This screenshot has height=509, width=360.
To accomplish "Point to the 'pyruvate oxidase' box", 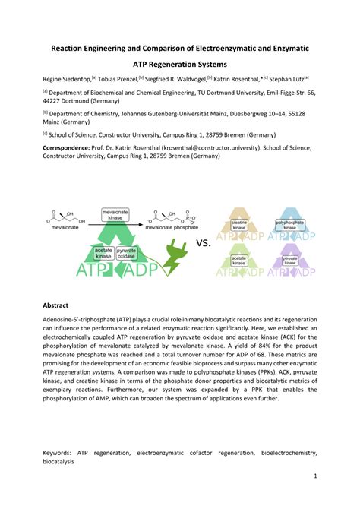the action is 126,253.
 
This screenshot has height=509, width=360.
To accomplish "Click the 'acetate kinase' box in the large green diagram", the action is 103,253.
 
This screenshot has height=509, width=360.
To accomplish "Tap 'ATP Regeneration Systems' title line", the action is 179,65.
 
